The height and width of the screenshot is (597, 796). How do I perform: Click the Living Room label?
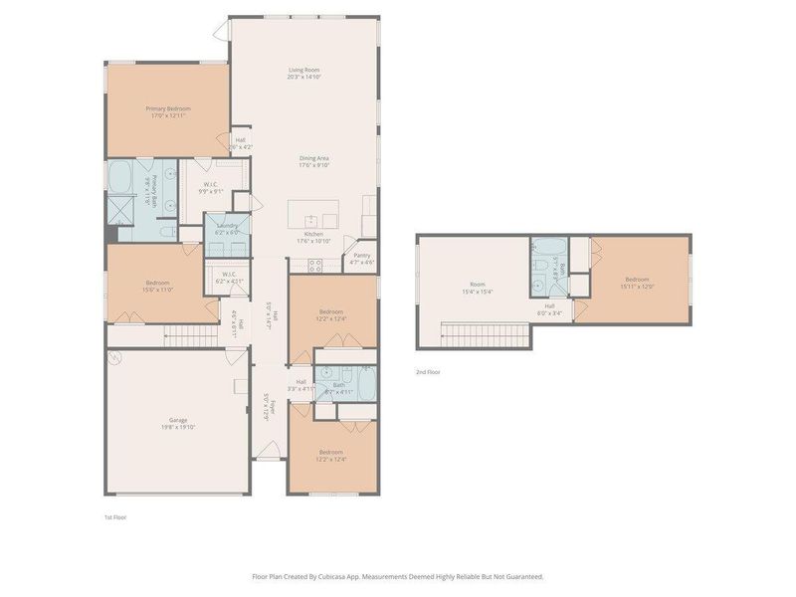coord(304,70)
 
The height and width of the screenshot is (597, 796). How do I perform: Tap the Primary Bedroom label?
coord(168,108)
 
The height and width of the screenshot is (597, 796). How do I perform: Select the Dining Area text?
coord(314,159)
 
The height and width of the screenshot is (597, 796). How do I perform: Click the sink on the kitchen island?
coord(312,220)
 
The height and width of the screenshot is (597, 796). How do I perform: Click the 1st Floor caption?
coord(115,517)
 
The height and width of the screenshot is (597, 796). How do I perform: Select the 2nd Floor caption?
coord(427,372)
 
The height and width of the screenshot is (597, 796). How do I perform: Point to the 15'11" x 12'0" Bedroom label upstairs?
coord(637,282)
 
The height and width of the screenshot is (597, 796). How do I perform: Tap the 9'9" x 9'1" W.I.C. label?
coord(212,187)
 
